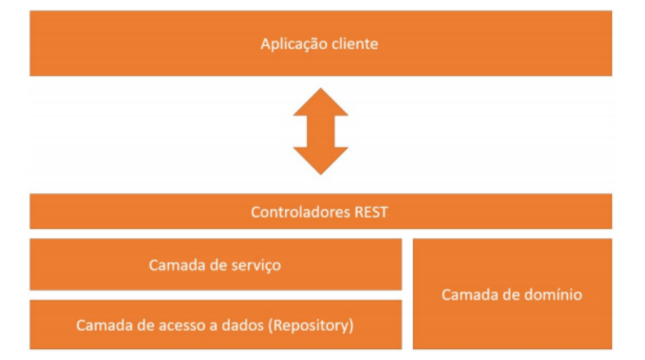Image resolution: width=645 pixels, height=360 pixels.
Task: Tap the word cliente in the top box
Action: coord(354,44)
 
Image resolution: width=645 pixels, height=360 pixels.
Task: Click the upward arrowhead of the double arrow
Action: coord(320,101)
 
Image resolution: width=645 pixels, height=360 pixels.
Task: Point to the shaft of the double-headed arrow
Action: coord(320,131)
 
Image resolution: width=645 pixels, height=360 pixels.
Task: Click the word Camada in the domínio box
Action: coord(466,294)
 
